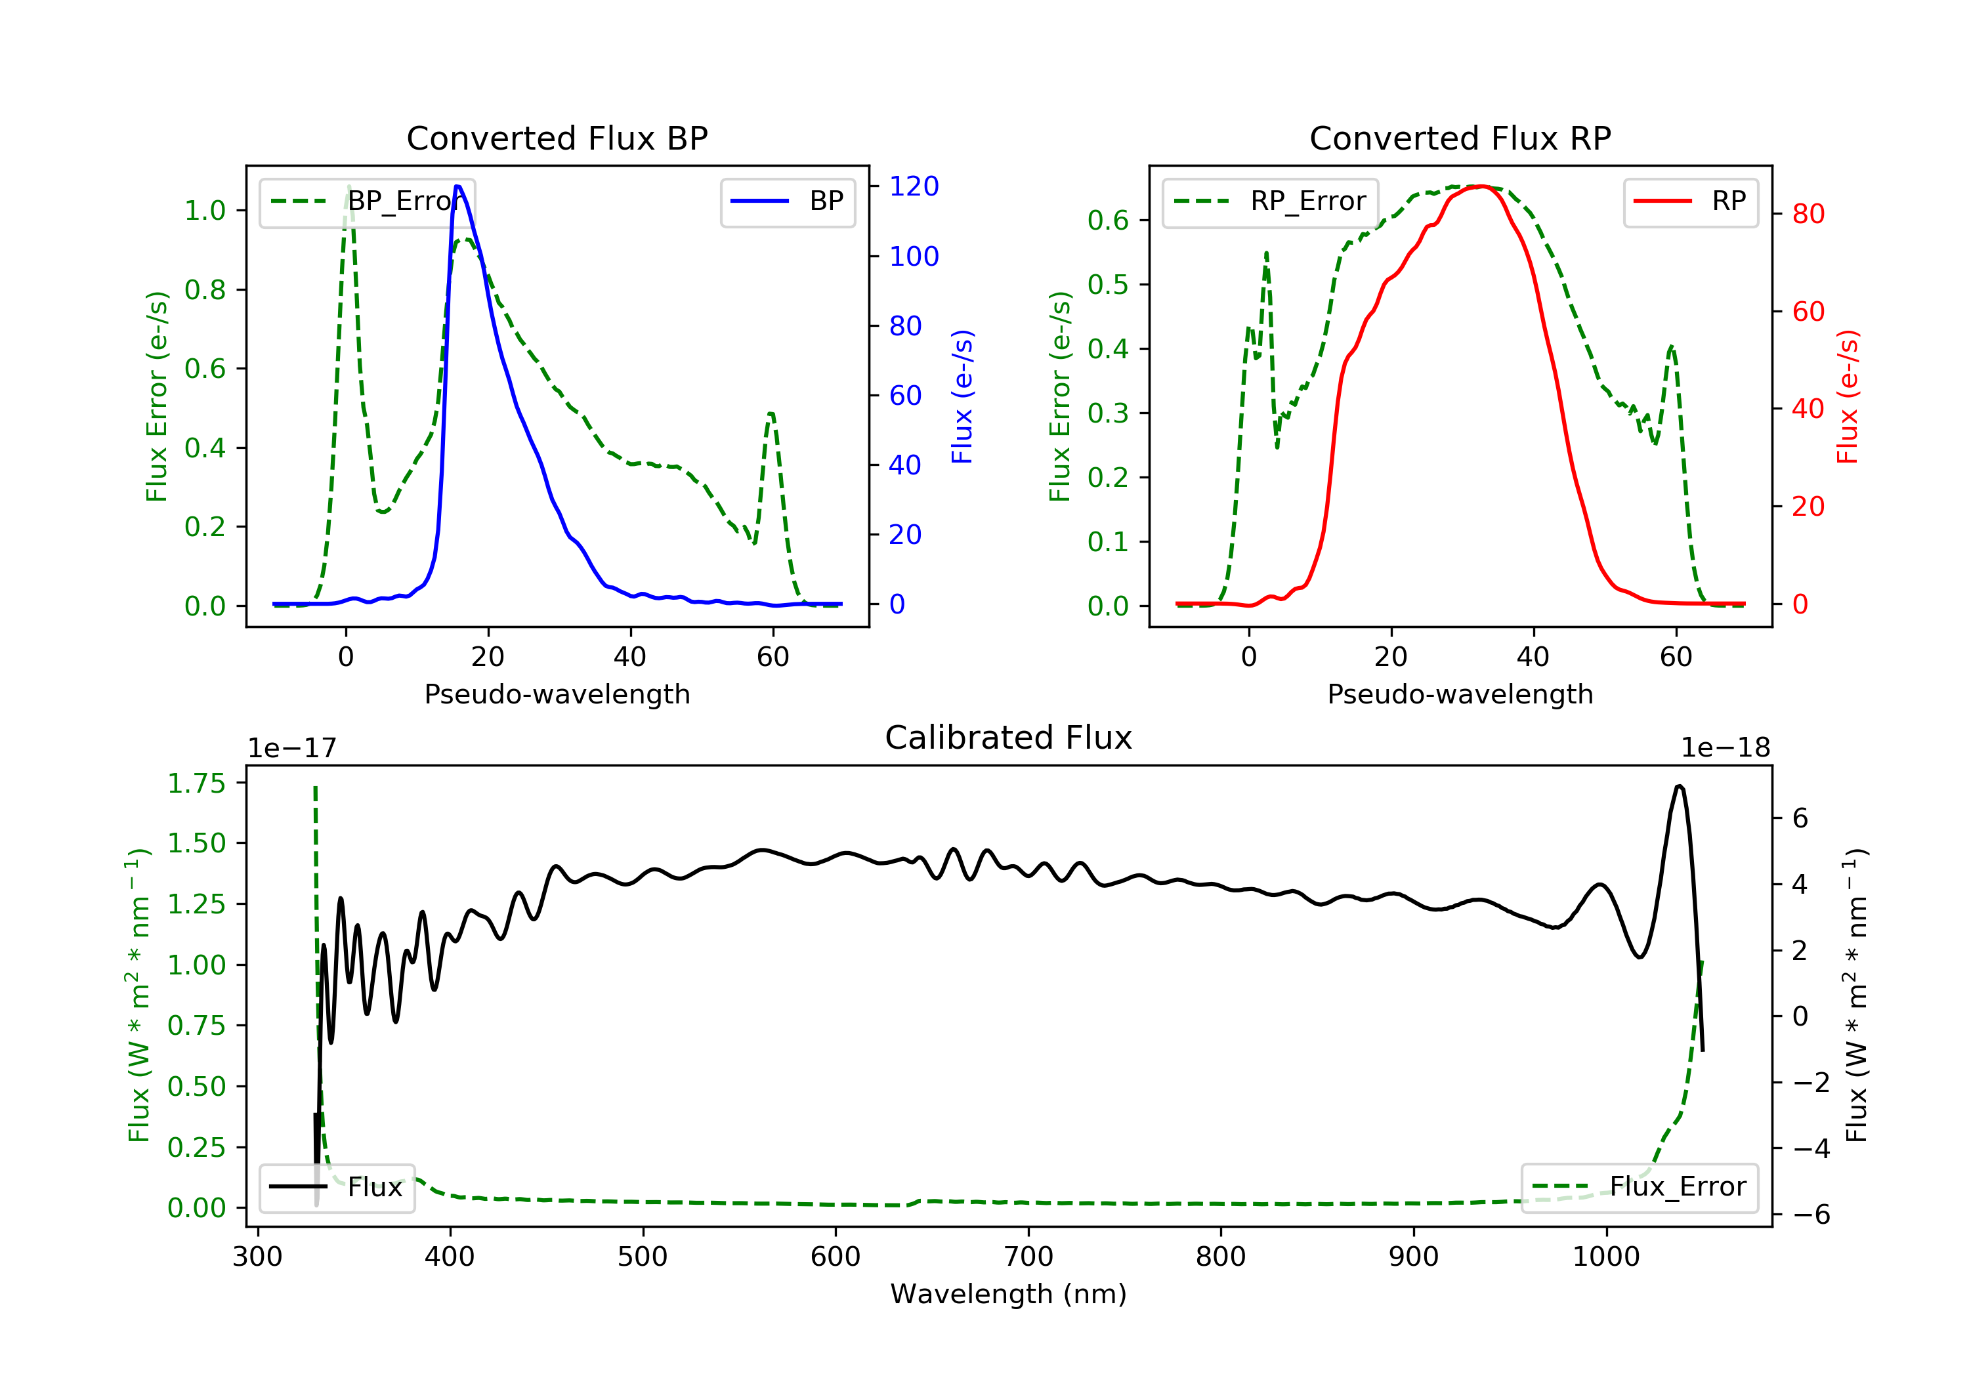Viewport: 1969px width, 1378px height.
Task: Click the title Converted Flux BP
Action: click(x=557, y=138)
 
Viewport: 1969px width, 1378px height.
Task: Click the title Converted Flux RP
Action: click(x=1460, y=138)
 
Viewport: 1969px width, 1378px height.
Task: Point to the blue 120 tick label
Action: click(x=914, y=186)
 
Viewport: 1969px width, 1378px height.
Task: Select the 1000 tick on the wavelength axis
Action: click(x=1605, y=1257)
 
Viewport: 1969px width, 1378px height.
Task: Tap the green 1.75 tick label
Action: click(x=196, y=783)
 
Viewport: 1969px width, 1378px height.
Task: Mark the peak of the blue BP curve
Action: click(x=458, y=186)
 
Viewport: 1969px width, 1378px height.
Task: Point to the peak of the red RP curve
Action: click(x=1481, y=186)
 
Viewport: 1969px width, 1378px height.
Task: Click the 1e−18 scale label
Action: click(x=1725, y=748)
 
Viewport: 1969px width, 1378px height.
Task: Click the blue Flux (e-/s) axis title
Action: click(x=962, y=396)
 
